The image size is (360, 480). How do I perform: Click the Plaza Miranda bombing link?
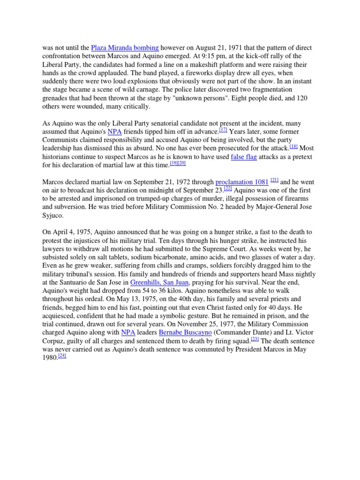(x=125, y=48)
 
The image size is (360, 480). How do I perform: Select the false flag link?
(x=244, y=157)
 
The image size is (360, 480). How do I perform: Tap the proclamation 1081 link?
(x=242, y=182)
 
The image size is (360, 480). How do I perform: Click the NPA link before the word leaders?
(x=128, y=332)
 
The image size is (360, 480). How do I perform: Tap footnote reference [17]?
(x=223, y=130)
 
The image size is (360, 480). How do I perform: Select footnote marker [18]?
(x=294, y=147)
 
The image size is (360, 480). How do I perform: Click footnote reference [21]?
(x=275, y=180)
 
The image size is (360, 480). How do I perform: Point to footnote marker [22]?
(x=228, y=188)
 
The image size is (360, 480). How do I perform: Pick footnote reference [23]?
(x=255, y=338)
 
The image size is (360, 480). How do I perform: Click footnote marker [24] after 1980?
(x=63, y=355)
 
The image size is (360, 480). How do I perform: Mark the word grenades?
(x=58, y=98)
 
